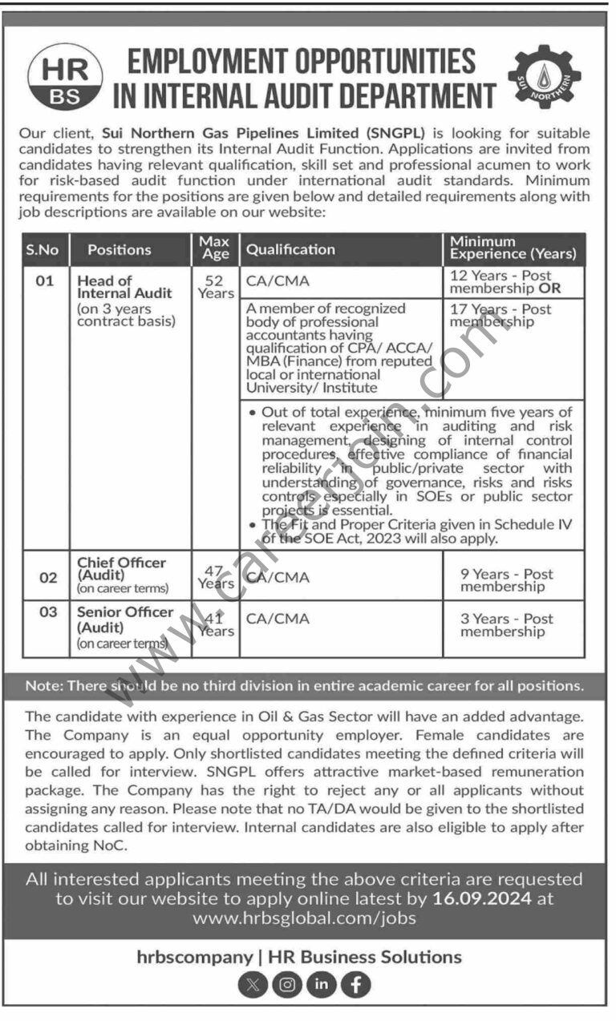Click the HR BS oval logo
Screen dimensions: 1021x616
(66, 78)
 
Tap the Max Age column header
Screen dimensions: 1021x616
(215, 248)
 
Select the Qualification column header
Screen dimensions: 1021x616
(290, 249)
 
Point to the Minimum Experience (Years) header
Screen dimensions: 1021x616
(513, 248)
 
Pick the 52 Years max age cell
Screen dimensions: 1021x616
(215, 287)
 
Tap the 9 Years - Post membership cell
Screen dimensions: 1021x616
(506, 580)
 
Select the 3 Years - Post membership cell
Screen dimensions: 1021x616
(506, 625)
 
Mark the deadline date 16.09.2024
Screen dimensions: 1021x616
(481, 898)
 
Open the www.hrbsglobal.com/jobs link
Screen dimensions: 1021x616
(304, 918)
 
